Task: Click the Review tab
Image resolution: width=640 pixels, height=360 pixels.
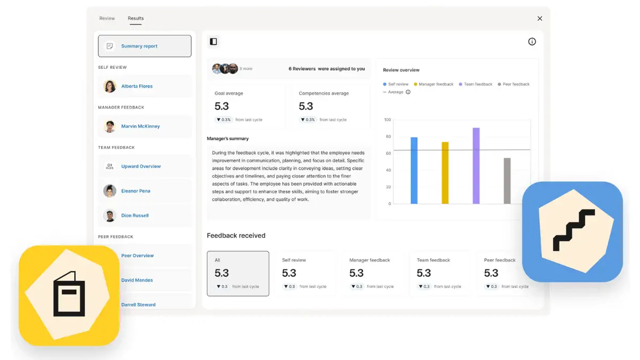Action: click(107, 18)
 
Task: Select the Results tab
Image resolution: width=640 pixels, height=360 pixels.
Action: click(135, 18)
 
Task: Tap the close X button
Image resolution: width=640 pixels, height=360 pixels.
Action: click(540, 19)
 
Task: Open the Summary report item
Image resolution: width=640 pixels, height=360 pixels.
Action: click(145, 46)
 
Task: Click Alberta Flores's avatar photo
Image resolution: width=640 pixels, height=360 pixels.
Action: click(110, 86)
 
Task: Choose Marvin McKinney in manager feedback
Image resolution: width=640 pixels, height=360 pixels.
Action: click(140, 126)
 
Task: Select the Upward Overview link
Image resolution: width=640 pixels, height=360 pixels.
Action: click(141, 166)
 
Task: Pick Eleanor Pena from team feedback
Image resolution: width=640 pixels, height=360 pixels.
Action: click(135, 191)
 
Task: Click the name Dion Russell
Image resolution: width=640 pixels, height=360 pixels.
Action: click(135, 215)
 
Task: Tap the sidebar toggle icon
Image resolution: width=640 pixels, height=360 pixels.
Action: click(213, 42)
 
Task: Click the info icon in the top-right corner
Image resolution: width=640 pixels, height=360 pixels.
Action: click(532, 42)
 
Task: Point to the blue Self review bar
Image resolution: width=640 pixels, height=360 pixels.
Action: click(414, 171)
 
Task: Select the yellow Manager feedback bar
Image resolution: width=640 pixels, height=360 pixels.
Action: click(445, 173)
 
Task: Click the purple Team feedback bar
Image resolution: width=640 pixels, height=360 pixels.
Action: click(476, 166)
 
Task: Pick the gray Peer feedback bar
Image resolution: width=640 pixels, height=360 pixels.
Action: click(507, 181)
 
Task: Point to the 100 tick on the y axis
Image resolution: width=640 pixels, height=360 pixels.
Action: click(387, 119)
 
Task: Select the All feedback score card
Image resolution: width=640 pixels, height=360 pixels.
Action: click(238, 274)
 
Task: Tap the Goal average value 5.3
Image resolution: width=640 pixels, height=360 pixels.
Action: click(221, 106)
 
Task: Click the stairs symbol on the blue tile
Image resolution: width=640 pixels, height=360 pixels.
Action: click(574, 230)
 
